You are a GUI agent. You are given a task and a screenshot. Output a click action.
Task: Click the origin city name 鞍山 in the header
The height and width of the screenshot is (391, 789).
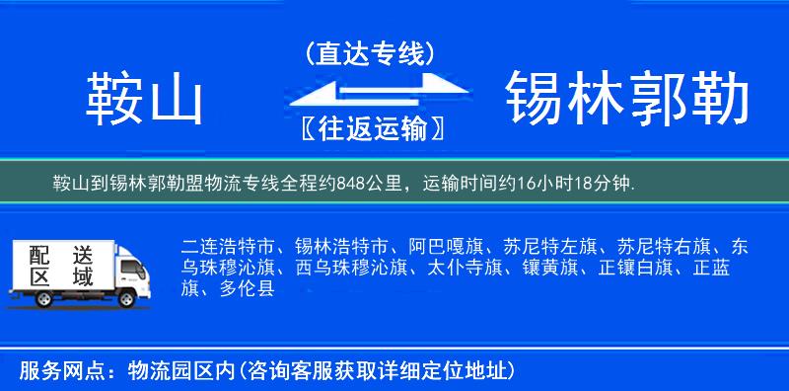tap(144, 99)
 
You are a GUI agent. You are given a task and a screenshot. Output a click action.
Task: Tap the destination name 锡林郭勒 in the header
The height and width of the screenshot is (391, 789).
tap(627, 99)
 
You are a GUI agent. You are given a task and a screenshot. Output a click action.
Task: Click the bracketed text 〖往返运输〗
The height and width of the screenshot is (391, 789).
tap(370, 128)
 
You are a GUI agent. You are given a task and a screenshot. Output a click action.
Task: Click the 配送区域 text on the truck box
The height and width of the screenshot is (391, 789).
tap(59, 265)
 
